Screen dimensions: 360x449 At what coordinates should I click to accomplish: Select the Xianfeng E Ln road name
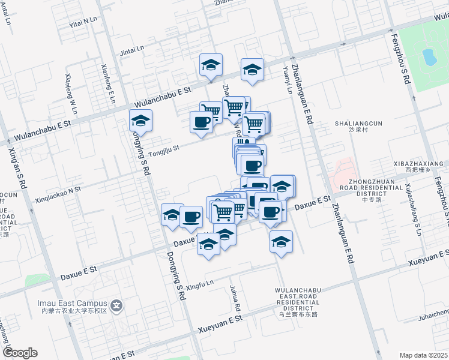coord(108,84)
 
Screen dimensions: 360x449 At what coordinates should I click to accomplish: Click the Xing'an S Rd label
coord(17,167)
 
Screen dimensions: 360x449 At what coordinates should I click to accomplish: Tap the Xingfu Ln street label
coord(199,283)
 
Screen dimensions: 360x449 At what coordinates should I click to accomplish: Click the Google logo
coord(20,353)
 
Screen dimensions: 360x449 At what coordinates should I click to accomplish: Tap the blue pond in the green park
coord(429,58)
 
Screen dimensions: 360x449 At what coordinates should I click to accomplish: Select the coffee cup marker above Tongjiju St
coord(201,122)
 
